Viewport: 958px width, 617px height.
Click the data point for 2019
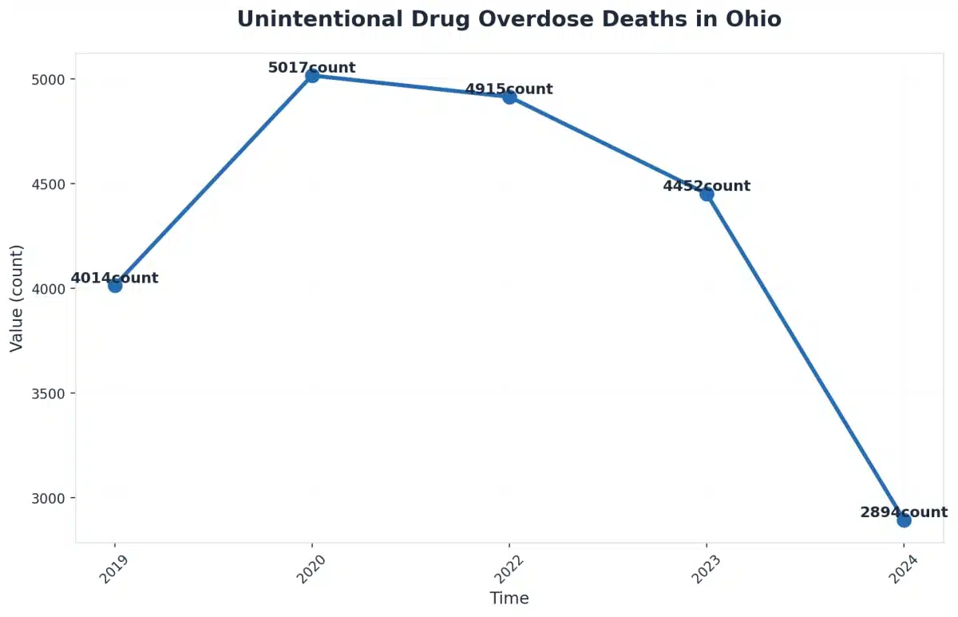tap(115, 285)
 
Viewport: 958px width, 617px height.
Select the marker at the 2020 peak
tap(312, 76)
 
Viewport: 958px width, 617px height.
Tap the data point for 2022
tap(509, 97)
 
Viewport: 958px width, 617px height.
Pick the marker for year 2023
tap(707, 194)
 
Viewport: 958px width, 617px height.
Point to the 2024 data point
tap(904, 520)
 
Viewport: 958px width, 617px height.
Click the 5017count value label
tap(311, 68)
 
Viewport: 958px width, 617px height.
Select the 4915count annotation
tap(509, 89)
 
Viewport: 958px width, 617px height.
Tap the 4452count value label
tap(707, 186)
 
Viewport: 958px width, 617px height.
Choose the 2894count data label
tap(904, 512)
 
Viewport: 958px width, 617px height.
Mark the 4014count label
tap(114, 279)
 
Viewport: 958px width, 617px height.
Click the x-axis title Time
tap(509, 598)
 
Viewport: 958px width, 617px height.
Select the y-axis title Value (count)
tap(17, 298)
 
